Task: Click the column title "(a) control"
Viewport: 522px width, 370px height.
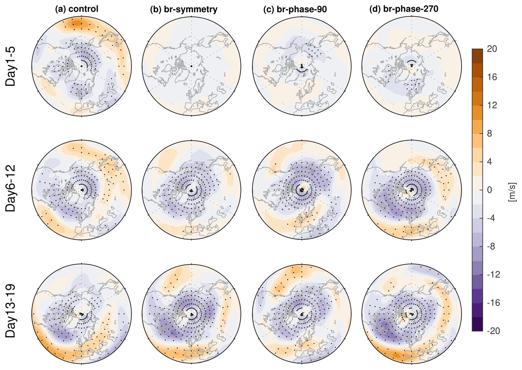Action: point(76,9)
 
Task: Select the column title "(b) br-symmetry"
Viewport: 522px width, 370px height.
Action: point(183,9)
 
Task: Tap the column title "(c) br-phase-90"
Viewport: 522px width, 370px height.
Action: point(295,9)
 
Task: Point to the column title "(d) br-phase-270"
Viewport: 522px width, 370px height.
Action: point(404,9)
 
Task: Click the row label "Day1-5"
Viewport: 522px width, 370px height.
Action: point(10,66)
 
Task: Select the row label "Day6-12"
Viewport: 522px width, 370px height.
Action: point(10,189)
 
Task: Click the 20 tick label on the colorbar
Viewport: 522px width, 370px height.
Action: point(492,49)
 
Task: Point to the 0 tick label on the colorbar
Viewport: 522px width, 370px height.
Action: point(489,190)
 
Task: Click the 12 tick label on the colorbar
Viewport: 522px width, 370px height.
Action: point(492,105)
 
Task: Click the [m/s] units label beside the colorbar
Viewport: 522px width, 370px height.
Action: point(512,192)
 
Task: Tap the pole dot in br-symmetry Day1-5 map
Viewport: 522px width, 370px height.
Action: point(191,66)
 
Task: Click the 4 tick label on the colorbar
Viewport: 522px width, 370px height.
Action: point(489,161)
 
